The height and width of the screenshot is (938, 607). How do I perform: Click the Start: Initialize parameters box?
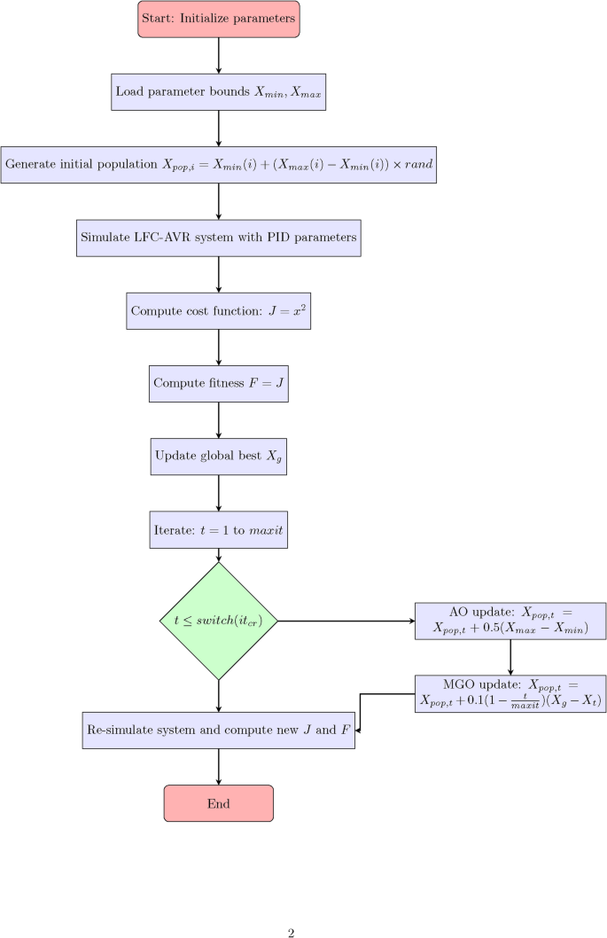(219, 20)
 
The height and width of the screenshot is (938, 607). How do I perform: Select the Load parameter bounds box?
(219, 92)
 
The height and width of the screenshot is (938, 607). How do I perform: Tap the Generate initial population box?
(219, 165)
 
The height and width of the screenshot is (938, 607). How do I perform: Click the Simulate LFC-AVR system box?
(219, 238)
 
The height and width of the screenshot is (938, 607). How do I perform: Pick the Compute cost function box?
(219, 310)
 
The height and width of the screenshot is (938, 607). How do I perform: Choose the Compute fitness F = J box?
(219, 383)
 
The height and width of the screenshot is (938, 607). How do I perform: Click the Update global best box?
(219, 456)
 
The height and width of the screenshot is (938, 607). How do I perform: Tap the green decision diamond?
(219, 621)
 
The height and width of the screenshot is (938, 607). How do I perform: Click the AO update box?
(510, 621)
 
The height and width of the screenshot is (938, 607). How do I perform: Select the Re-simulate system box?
(219, 731)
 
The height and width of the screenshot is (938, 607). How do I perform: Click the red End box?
(219, 803)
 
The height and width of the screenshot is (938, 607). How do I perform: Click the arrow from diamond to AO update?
(346, 621)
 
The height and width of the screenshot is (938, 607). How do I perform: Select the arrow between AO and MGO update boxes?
(510, 657)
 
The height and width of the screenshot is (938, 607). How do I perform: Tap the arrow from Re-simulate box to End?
(219, 767)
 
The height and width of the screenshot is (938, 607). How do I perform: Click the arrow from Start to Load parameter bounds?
(219, 56)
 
